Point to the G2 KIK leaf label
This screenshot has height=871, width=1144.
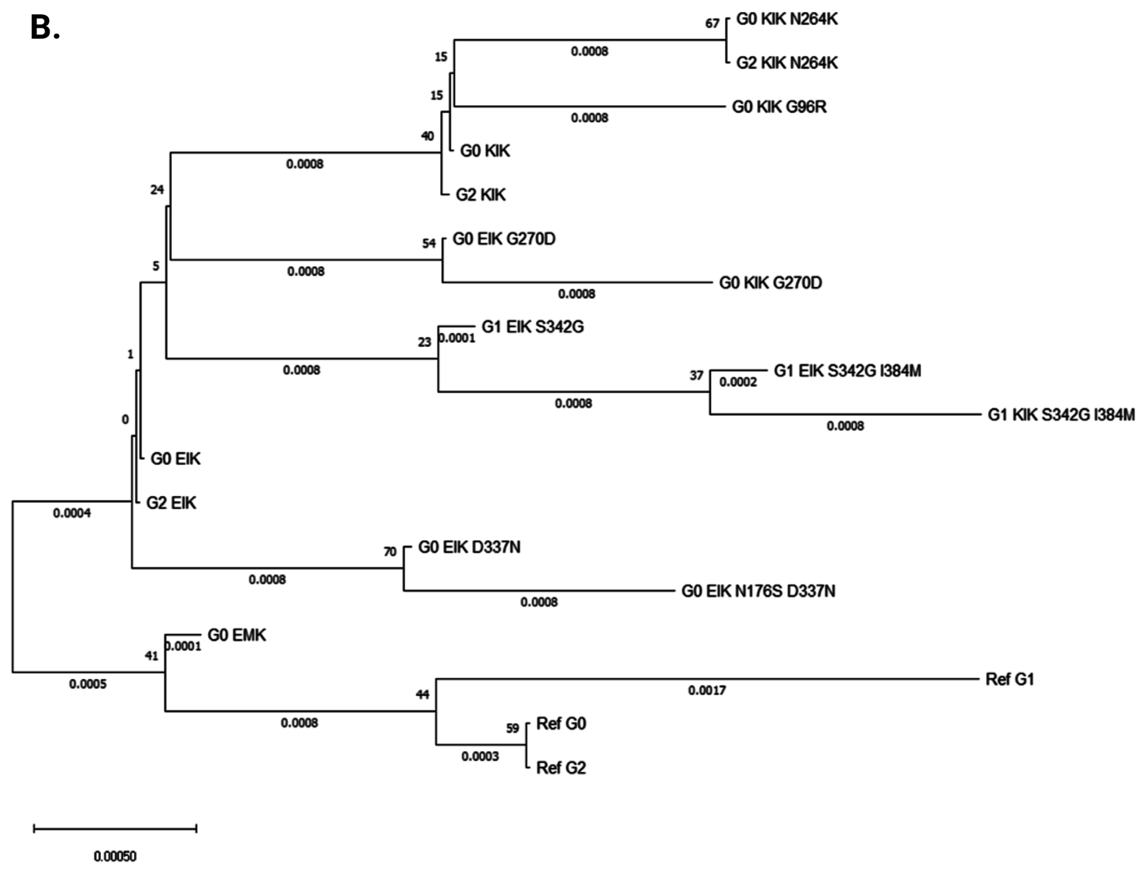tap(481, 195)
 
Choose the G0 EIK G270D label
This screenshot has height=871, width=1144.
tap(504, 239)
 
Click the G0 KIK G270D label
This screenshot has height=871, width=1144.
tap(770, 283)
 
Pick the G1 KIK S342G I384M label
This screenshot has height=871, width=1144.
tap(1061, 415)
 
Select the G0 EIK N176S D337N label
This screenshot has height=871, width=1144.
tap(758, 591)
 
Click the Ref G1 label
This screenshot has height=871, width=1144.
tap(1009, 679)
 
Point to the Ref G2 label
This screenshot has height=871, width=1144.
tap(561, 768)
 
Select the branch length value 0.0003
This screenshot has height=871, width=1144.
tap(480, 756)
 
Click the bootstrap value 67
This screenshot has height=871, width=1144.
tap(712, 23)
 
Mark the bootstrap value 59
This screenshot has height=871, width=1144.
tap(512, 728)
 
